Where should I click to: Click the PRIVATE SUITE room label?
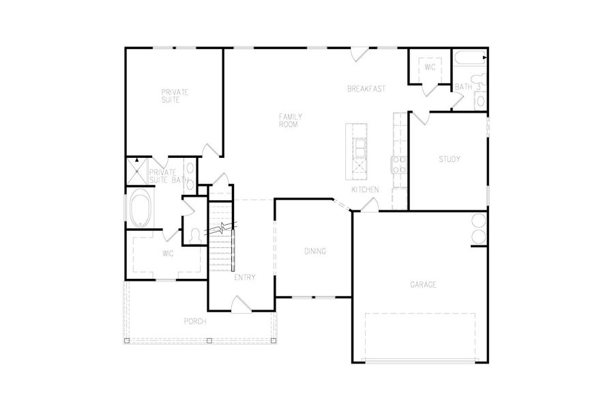tap(175, 96)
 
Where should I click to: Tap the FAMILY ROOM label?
tap(290, 120)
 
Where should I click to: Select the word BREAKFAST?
tap(366, 89)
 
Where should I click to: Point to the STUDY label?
tap(449, 159)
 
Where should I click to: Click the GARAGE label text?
tap(423, 284)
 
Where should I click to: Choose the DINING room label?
tap(315, 251)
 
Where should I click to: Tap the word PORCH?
tap(194, 321)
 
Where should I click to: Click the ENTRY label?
tap(244, 277)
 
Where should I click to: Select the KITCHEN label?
tap(365, 189)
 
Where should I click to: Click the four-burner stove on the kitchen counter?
tap(398, 163)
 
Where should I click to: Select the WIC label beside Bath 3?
tap(430, 68)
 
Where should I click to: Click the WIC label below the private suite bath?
tap(168, 254)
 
